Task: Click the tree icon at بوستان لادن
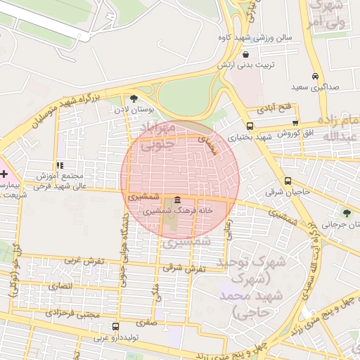coord(134,99)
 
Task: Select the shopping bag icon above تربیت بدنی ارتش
coord(245,54)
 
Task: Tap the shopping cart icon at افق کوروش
coord(297,123)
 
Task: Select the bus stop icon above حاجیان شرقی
coord(288,181)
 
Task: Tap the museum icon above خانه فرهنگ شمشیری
coord(176,200)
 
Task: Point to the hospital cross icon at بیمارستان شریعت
coord(4,173)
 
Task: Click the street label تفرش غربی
coord(84,260)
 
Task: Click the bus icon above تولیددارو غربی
coord(115,327)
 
